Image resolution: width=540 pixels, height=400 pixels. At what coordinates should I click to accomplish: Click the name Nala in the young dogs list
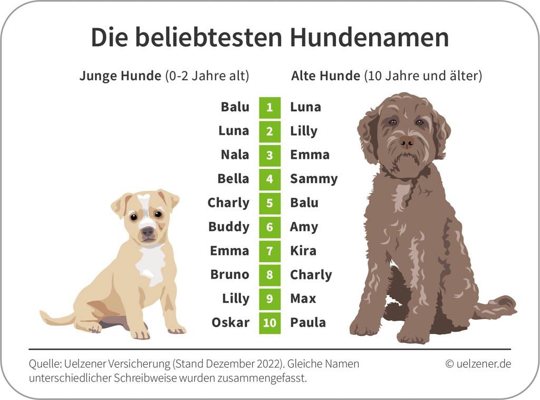235,155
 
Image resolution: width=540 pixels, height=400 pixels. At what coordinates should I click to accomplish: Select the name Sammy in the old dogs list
314,179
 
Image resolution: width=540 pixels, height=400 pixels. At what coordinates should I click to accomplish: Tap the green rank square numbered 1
269,107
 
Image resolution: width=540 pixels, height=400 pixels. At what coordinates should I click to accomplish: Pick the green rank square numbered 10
269,322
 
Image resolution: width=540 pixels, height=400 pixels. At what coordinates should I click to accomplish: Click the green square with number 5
269,203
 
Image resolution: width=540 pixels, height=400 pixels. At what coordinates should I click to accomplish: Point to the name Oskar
230,322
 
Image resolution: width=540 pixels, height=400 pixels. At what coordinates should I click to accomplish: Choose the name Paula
308,322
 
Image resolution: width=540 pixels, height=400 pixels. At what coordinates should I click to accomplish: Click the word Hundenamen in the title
369,37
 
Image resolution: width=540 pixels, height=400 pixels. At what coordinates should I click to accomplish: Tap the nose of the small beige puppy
148,231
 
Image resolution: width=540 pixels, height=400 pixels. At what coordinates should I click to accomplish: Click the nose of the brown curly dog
407,141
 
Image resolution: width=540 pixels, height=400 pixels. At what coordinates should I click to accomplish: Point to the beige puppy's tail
55,318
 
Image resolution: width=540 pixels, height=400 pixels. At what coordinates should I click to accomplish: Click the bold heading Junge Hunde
120,76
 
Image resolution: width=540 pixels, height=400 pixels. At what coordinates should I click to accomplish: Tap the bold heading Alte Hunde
325,76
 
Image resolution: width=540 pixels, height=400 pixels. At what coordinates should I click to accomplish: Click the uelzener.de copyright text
478,364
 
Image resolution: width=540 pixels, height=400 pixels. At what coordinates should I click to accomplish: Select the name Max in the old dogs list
303,299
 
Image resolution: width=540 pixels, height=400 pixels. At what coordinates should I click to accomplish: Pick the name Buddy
229,227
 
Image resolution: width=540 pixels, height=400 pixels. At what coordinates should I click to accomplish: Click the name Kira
303,251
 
